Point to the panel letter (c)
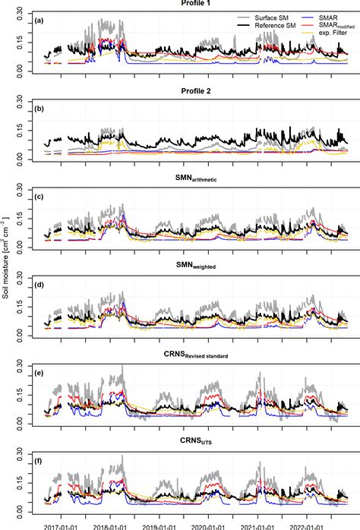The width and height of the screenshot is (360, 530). click(43, 197)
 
